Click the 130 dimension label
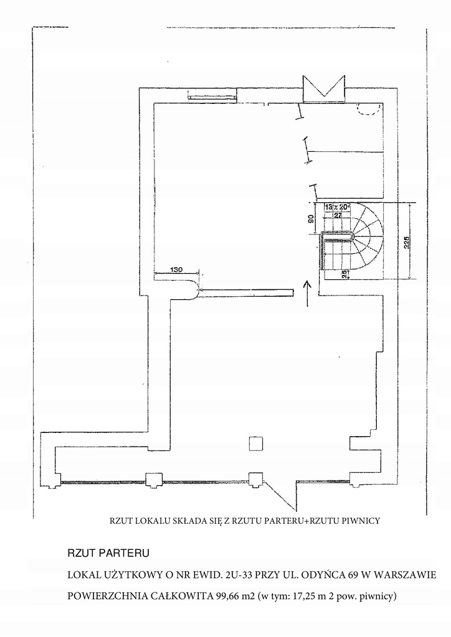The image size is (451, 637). pyautogui.click(x=176, y=269)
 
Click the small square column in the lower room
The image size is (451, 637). pyautogui.click(x=254, y=443)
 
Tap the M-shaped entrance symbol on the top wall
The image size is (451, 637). pyautogui.click(x=323, y=88)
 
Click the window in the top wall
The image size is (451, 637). pyautogui.click(x=212, y=96)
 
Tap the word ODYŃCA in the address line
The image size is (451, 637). pyautogui.click(x=333, y=573)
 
